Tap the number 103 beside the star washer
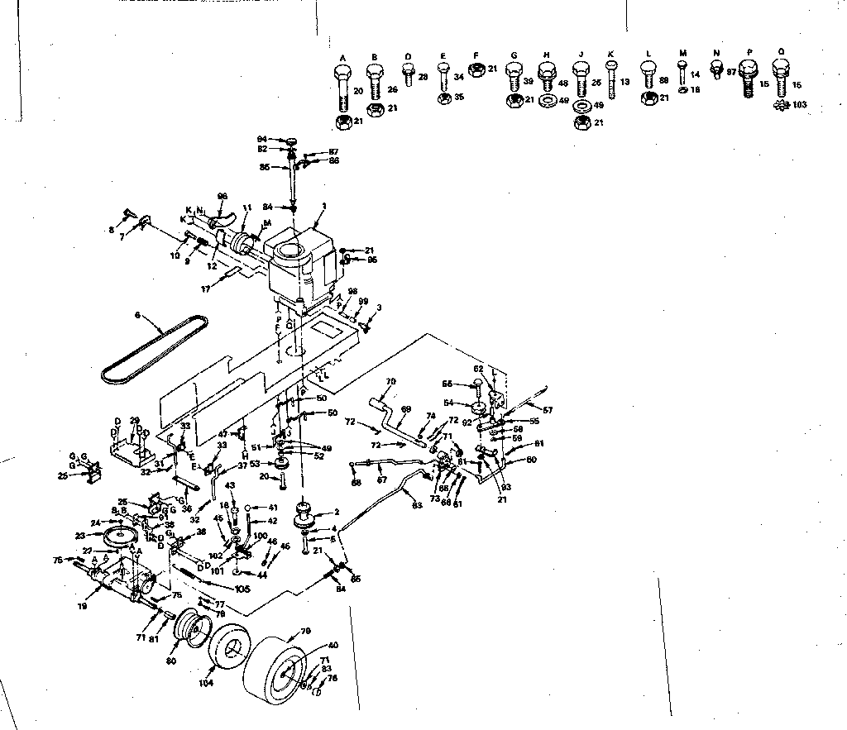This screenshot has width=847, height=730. tap(798, 105)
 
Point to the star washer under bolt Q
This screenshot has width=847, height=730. tap(779, 106)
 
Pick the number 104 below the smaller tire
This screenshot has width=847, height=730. tap(205, 683)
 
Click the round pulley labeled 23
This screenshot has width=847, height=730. tap(121, 538)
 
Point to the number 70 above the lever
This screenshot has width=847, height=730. tap(391, 382)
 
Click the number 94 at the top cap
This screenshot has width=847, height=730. tap(261, 139)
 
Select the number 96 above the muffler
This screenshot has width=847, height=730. tap(222, 196)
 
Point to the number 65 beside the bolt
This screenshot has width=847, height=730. tap(447, 384)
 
